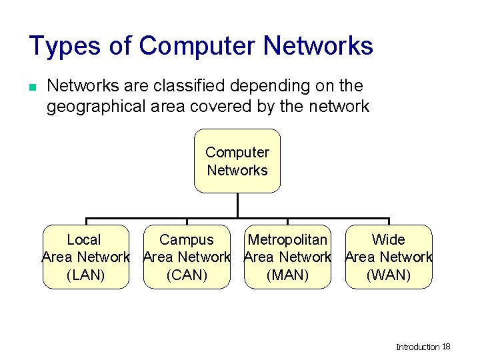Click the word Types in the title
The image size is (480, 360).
pyautogui.click(x=65, y=46)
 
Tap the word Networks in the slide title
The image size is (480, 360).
pyautogui.click(x=318, y=46)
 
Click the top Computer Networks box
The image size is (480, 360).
pyautogui.click(x=237, y=161)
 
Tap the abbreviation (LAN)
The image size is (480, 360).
pyautogui.click(x=86, y=275)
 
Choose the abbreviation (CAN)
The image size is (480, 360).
pyautogui.click(x=187, y=275)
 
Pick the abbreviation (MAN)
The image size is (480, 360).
pyautogui.click(x=287, y=275)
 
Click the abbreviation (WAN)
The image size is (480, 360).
pyautogui.click(x=389, y=275)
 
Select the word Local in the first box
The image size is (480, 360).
pyautogui.click(x=84, y=240)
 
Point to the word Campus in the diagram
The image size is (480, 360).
pyautogui.click(x=187, y=240)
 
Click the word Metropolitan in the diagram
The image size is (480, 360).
pyautogui.click(x=287, y=240)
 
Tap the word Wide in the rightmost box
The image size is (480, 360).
pyautogui.click(x=389, y=240)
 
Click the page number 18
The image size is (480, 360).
pyautogui.click(x=447, y=347)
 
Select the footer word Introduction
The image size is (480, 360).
pyautogui.click(x=418, y=347)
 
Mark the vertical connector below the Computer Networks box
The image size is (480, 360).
pyautogui.click(x=237, y=205)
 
